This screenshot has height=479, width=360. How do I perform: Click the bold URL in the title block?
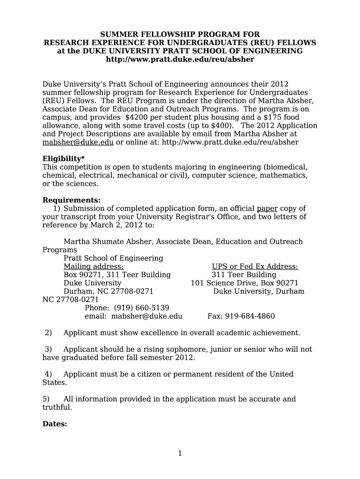[180, 59]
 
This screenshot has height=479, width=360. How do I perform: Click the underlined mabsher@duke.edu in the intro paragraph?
[78, 142]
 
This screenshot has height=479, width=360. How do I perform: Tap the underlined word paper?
[267, 209]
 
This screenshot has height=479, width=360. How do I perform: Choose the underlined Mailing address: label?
[94, 267]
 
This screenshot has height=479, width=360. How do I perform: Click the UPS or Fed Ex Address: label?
[255, 267]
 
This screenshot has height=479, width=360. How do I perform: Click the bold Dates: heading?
[55, 424]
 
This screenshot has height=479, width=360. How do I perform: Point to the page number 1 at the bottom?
[180, 453]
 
